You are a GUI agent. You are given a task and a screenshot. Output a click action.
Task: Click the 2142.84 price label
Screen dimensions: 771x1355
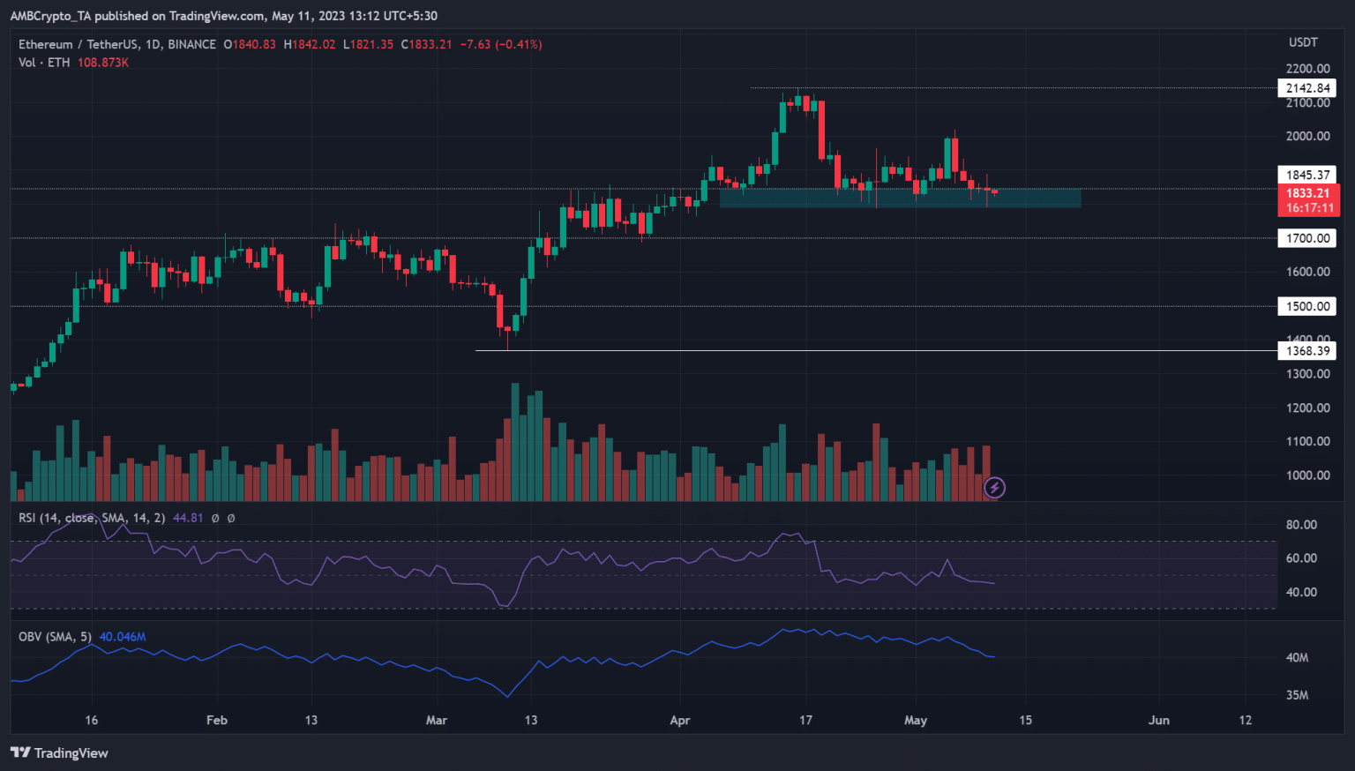[x=1306, y=88]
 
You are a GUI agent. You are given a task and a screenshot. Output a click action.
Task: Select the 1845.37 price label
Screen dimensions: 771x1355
[x=1306, y=175]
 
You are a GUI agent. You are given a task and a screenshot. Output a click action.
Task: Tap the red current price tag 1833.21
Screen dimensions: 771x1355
[x=1307, y=193]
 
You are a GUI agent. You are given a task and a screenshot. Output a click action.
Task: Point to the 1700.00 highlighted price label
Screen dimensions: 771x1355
[x=1306, y=238]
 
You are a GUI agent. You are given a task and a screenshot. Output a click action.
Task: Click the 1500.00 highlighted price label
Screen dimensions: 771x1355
[x=1306, y=306]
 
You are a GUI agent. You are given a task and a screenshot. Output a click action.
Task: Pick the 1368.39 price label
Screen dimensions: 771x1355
[x=1306, y=351]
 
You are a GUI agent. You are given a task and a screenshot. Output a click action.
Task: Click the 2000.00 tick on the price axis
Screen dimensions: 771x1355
[x=1307, y=136]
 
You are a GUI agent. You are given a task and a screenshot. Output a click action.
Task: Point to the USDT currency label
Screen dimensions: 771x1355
[x=1303, y=42]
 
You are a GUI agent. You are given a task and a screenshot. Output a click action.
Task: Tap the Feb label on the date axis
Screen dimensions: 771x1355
[x=217, y=720]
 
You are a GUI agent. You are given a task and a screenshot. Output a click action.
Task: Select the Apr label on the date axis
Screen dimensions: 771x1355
[x=679, y=720]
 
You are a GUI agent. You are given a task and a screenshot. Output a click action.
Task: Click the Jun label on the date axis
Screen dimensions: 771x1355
[x=1158, y=720]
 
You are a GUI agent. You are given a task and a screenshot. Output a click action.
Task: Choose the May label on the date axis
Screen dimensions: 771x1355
[x=916, y=720]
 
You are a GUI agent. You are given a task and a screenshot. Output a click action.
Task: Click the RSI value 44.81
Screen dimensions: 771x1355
[x=188, y=518]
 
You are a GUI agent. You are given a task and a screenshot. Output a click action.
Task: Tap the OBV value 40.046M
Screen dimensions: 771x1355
[x=123, y=636]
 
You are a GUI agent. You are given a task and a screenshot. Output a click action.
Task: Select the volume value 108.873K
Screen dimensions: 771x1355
[x=103, y=63]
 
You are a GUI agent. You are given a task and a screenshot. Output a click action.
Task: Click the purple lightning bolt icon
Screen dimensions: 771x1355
[x=994, y=487]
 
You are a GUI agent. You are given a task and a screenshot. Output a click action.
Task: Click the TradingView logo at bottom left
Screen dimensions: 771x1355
[x=59, y=752]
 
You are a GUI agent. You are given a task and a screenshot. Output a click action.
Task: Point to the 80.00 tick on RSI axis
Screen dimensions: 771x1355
[x=1301, y=525]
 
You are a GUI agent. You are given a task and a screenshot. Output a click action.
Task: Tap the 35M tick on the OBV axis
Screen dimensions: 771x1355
[x=1297, y=695]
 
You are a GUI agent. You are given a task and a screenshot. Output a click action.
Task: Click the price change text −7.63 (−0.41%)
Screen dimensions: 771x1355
[x=501, y=44]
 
